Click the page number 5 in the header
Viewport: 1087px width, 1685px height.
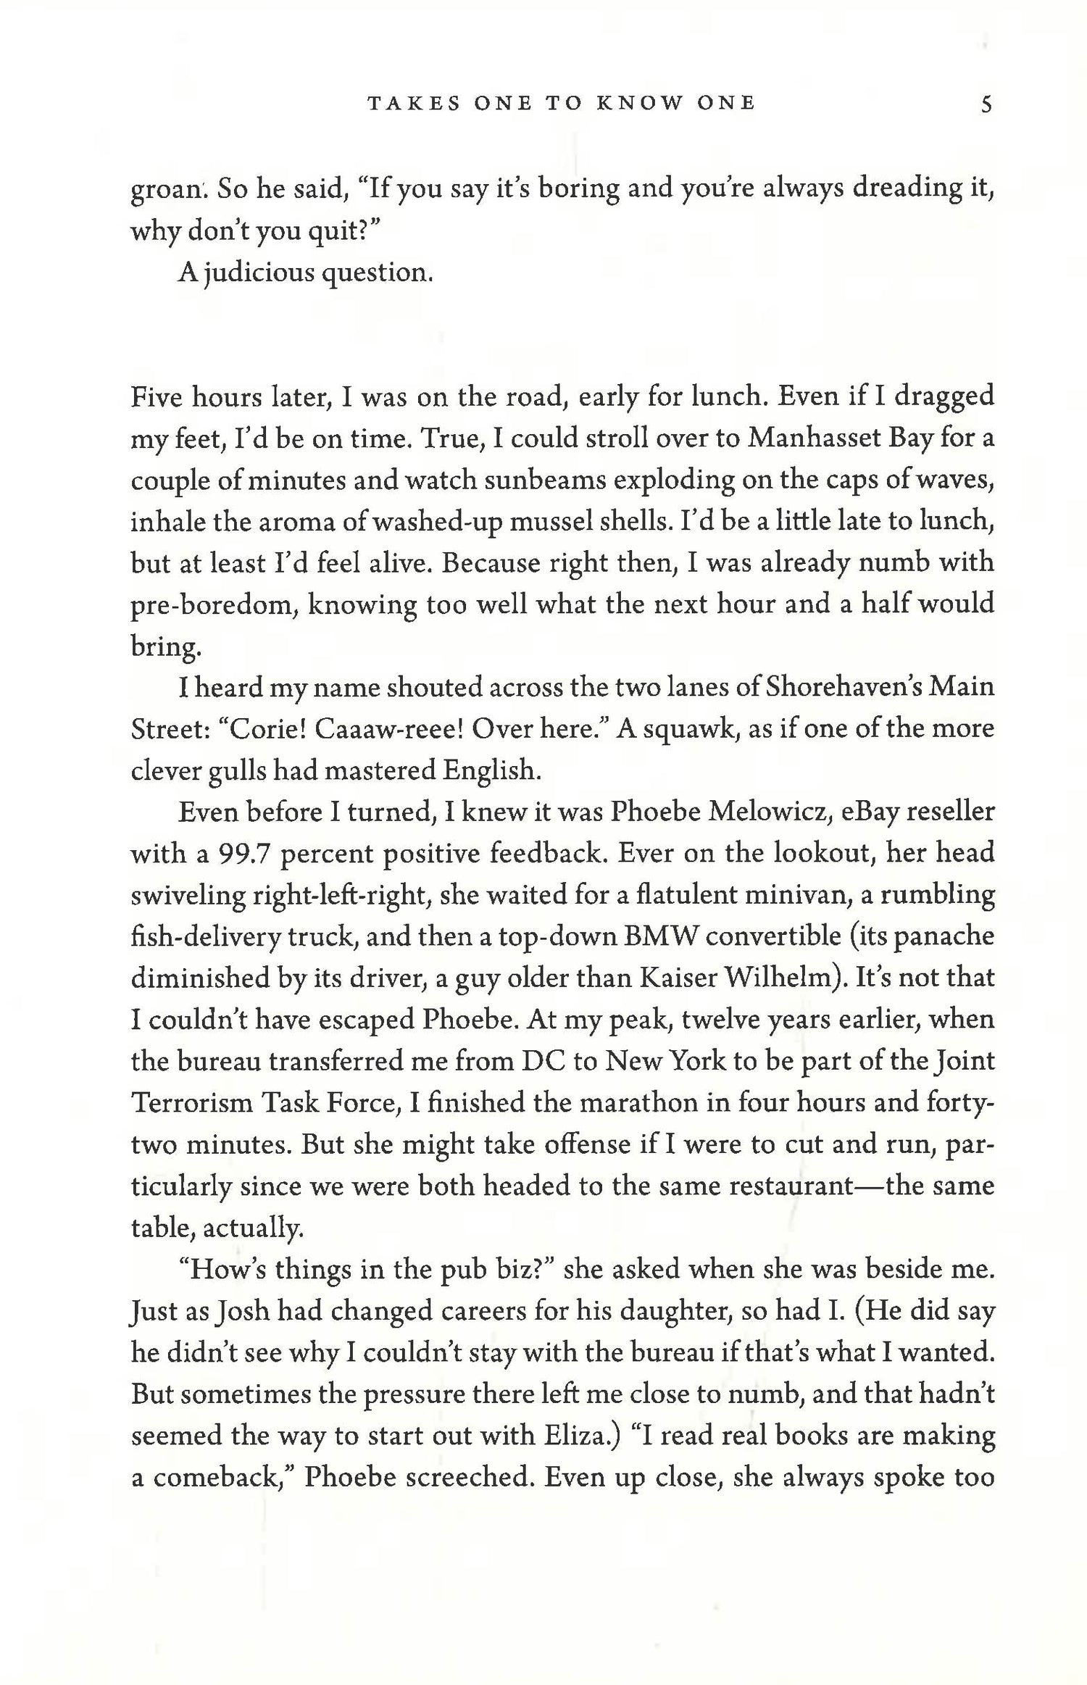click(985, 104)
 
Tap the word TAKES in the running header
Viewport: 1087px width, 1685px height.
click(413, 104)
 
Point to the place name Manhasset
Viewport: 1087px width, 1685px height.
click(815, 438)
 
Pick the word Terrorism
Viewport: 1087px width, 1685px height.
click(192, 1103)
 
